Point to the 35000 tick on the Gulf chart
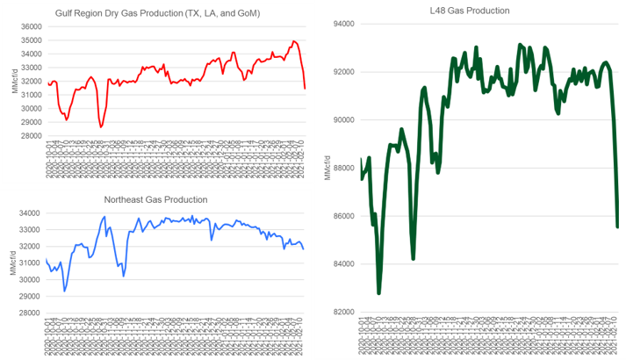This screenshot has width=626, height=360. (33, 27)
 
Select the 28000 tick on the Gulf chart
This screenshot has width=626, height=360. (33, 135)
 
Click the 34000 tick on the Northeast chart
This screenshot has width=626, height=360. (33, 213)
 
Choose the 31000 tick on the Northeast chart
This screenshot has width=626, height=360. (33, 263)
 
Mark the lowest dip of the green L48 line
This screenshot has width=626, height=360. (379, 292)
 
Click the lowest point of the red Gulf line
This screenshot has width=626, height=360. (102, 127)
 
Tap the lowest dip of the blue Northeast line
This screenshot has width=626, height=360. (65, 291)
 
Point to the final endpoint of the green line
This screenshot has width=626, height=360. (617, 227)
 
